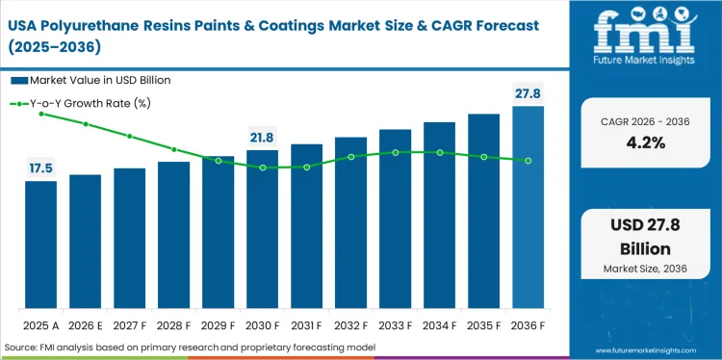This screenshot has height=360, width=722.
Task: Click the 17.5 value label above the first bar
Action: point(41,168)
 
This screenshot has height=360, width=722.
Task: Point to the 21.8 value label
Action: point(263,138)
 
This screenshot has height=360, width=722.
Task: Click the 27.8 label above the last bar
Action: point(529,92)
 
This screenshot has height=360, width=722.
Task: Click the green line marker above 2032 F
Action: point(351,156)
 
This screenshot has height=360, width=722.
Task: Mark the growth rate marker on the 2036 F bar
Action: point(529,160)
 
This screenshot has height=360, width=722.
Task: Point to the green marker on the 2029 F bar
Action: point(219,161)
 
